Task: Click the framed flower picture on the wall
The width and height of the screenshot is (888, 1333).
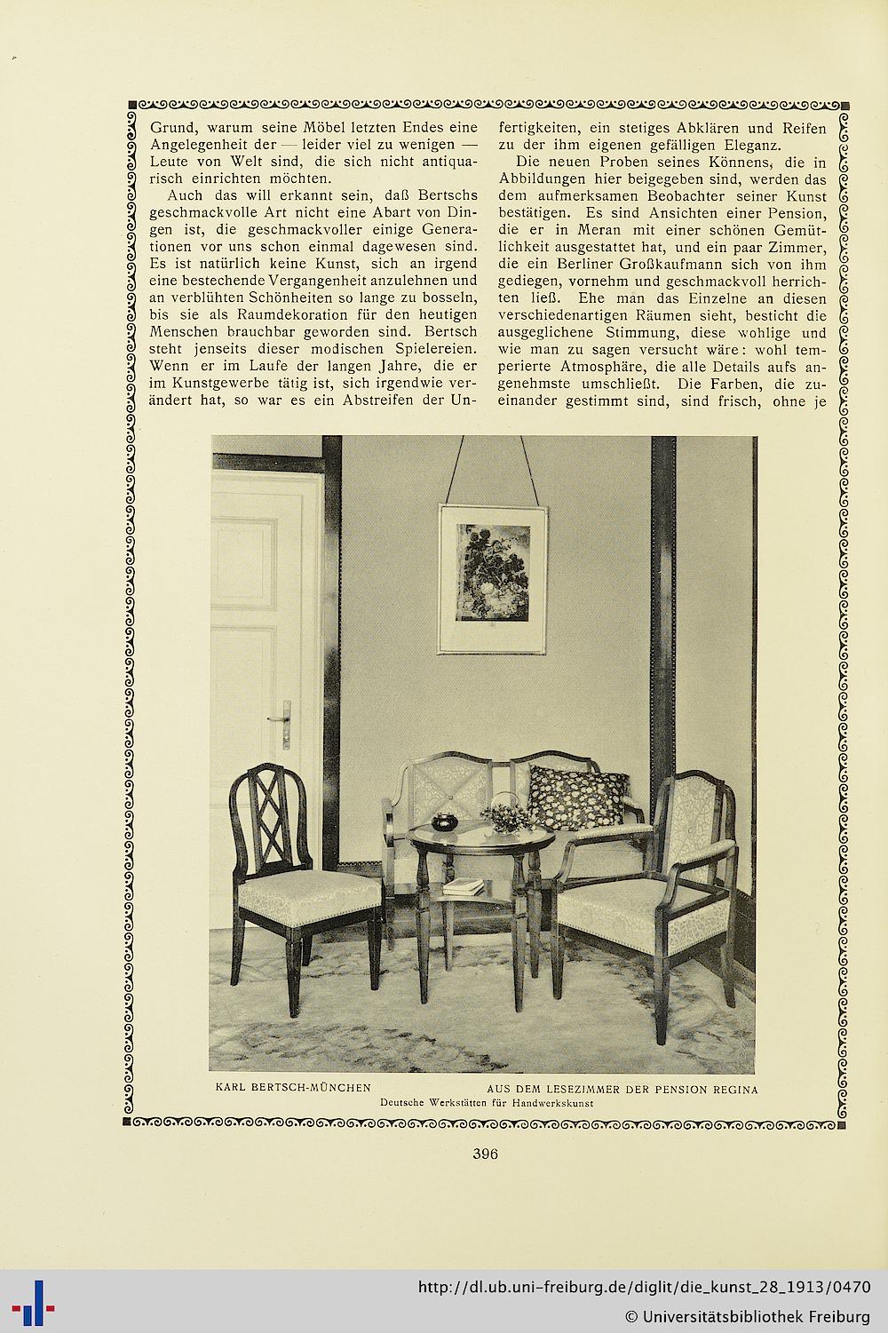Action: [x=492, y=577]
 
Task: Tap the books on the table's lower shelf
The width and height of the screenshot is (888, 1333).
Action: [x=464, y=885]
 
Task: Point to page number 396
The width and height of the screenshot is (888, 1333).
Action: [x=485, y=1154]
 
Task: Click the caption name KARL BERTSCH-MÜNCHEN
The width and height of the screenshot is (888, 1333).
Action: [x=293, y=1088]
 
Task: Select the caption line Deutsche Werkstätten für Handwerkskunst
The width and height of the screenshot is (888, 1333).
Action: [x=486, y=1102]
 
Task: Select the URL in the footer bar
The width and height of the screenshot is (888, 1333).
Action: [x=643, y=1288]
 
